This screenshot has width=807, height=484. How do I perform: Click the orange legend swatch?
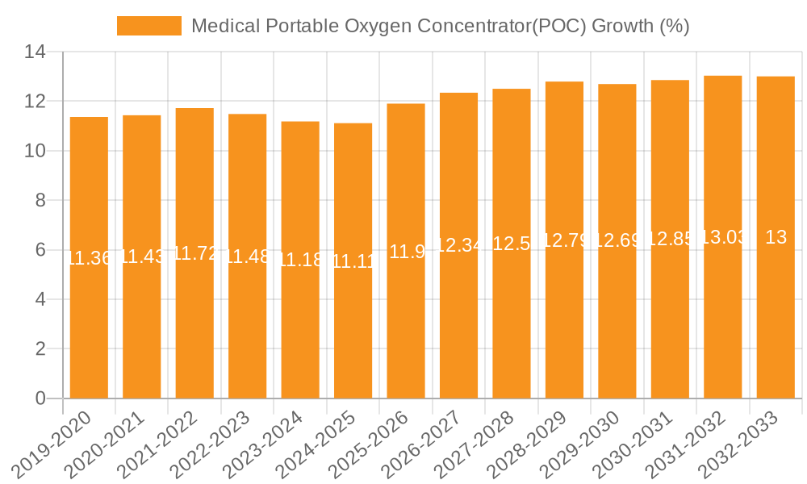coord(149,26)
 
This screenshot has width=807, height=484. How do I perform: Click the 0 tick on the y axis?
coord(40,398)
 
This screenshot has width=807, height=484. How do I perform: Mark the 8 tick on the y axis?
coord(40,201)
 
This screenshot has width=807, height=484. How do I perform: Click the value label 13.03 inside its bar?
coord(723,237)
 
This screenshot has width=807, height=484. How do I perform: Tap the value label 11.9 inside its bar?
coord(406,252)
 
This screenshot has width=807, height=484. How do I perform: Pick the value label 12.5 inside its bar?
coord(512,244)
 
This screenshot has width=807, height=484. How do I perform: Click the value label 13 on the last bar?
coord(776,237)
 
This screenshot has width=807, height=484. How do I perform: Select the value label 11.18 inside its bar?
coord(300,260)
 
